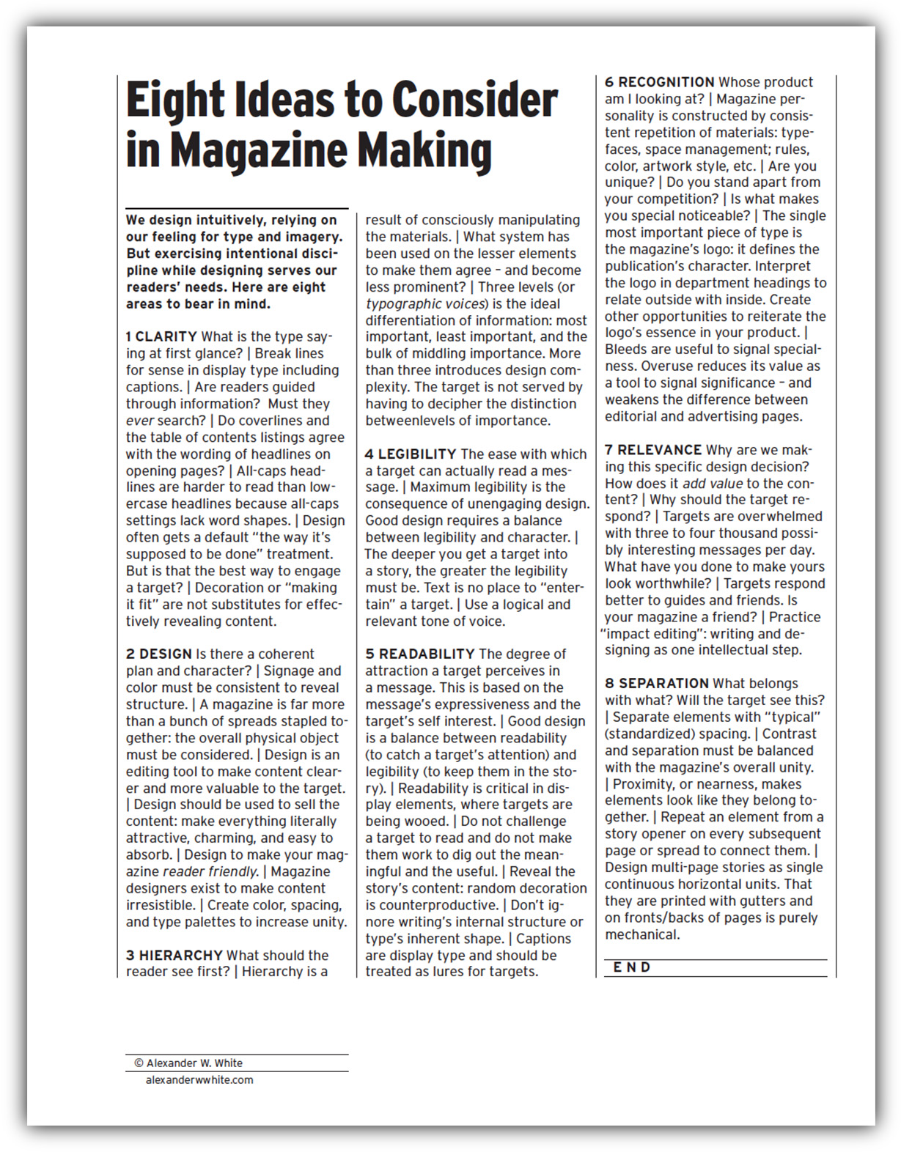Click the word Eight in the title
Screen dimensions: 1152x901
coord(174,100)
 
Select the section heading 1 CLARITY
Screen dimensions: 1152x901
coord(161,337)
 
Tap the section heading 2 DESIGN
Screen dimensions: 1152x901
coord(158,654)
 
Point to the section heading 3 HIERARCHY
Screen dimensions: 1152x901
coord(174,956)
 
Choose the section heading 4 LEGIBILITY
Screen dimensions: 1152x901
coord(411,454)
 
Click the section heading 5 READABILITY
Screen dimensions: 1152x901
coord(419,654)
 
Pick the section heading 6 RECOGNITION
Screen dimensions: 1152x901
coord(659,83)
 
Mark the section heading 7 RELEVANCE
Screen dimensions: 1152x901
coord(652,450)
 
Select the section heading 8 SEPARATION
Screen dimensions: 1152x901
coord(656,684)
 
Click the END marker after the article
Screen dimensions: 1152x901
coord(631,968)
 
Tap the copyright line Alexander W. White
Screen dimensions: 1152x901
coord(188,1063)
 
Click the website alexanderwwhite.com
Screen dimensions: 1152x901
coord(199,1080)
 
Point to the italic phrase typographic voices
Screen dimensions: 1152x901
coord(425,304)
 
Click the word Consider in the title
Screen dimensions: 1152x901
coord(474,100)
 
